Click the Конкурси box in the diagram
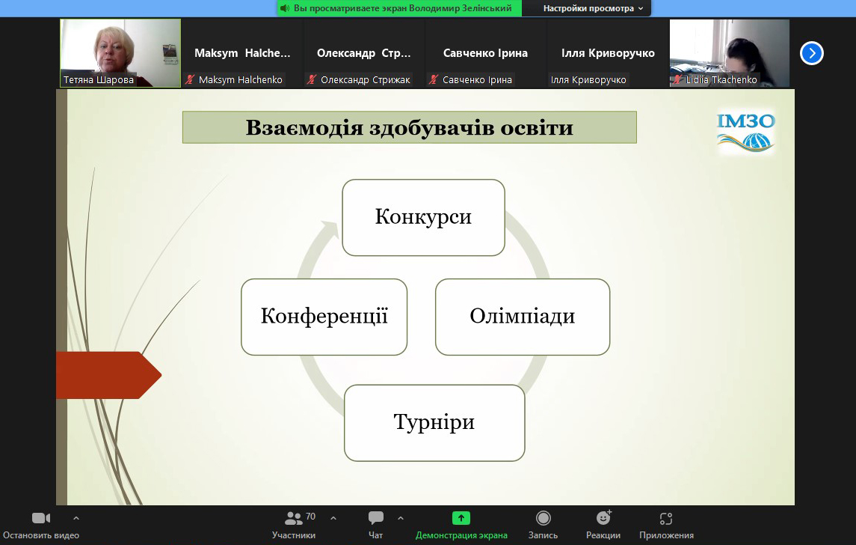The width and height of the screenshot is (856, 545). pos(423,218)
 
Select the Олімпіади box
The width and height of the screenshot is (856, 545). pos(523,317)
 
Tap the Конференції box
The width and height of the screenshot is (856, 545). pos(324,317)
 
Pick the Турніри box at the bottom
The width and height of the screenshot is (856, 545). pos(434,422)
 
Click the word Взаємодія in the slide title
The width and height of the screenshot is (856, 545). pos(304,128)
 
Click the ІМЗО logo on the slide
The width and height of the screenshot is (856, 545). pos(745,133)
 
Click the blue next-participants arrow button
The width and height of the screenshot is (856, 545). pos(812,53)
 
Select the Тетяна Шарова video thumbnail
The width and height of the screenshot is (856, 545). pos(120,53)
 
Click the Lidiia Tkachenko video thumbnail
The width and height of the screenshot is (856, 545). pos(730,53)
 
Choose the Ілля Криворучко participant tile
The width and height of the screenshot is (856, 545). pos(608,53)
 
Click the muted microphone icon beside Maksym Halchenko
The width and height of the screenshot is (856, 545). pos(190,79)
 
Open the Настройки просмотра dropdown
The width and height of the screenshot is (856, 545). pos(593,8)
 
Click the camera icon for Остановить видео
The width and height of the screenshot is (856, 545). pos(41,517)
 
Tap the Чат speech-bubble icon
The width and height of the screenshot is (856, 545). pos(375,517)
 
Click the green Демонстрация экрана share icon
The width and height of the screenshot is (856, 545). pos(461,517)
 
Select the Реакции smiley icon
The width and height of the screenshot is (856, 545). pos(603,517)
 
